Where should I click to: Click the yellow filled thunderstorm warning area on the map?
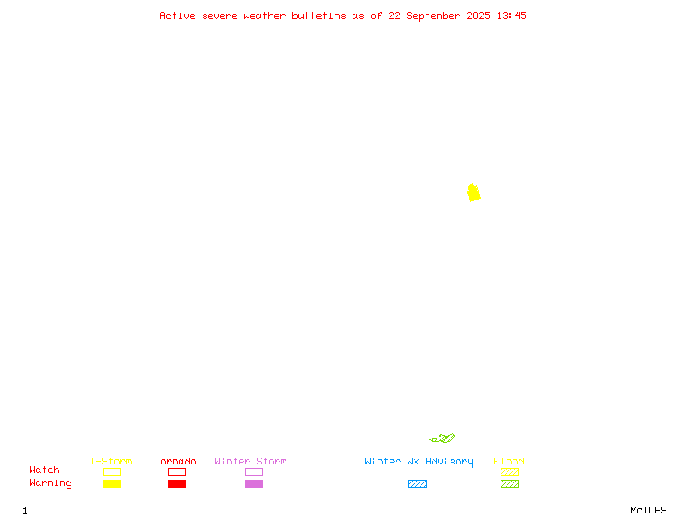[474, 193]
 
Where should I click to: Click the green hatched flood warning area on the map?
[442, 439]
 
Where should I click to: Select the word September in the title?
[433, 15]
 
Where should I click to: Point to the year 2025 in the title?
[478, 15]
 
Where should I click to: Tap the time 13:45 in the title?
[512, 15]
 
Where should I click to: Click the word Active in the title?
[177, 15]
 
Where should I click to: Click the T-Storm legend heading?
[111, 461]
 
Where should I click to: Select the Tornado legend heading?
[175, 461]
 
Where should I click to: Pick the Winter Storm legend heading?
[250, 461]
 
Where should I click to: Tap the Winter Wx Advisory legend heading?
[419, 462]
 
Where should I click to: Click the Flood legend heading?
[509, 461]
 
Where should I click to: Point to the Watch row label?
[45, 470]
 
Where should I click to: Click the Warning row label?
[51, 483]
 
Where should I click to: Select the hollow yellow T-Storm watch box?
[113, 471]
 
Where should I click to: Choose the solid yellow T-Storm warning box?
[113, 483]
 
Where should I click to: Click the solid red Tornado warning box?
[177, 483]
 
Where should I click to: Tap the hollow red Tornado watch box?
[177, 471]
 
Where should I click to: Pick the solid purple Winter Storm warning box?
[254, 483]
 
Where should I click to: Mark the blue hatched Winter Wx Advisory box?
[417, 483]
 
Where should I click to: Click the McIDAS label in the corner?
[648, 510]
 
